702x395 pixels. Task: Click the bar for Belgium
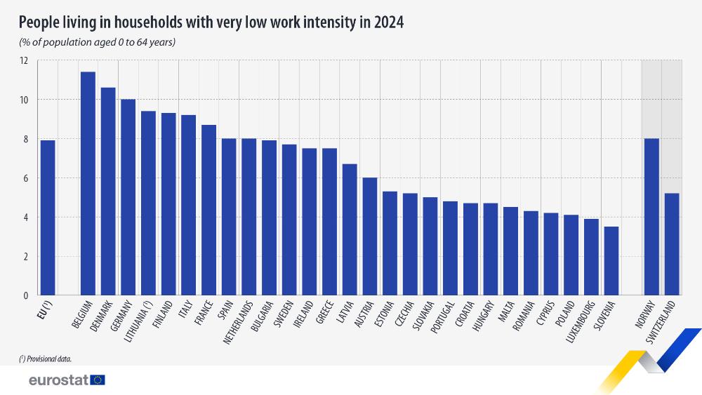pos(88,184)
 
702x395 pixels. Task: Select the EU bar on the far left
pos(48,217)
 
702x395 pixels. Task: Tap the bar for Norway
pos(651,217)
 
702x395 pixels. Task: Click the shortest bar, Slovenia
pos(611,260)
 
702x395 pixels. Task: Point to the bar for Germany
pos(128,197)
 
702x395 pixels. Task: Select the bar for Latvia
pos(350,229)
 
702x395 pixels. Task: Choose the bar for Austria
pos(370,236)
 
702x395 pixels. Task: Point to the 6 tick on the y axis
pos(26,178)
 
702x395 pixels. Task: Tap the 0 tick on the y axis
pos(26,295)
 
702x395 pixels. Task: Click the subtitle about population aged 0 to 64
pos(97,43)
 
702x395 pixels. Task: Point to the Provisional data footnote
pos(46,359)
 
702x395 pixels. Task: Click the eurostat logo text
pos(58,380)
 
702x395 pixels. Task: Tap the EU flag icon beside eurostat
pos(98,380)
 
